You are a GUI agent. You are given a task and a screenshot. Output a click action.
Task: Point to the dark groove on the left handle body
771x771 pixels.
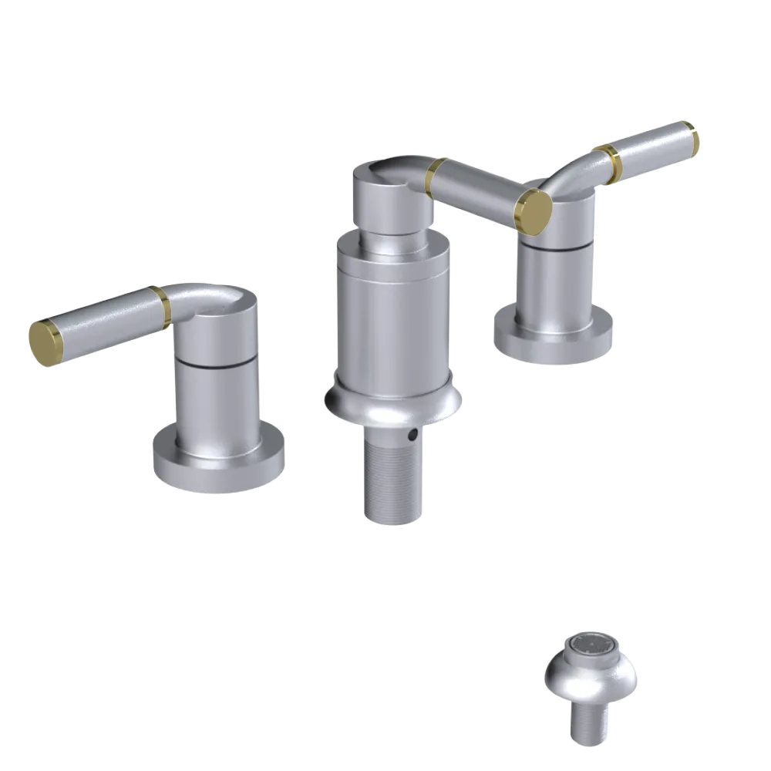point(215,359)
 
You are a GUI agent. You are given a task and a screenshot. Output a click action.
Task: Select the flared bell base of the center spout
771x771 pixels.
point(392,401)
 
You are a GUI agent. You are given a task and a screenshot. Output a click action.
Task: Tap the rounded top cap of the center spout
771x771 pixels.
point(385,185)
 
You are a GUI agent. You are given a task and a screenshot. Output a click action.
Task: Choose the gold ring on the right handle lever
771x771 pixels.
point(613,162)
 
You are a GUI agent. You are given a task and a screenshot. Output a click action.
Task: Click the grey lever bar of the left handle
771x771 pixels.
point(100,324)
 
